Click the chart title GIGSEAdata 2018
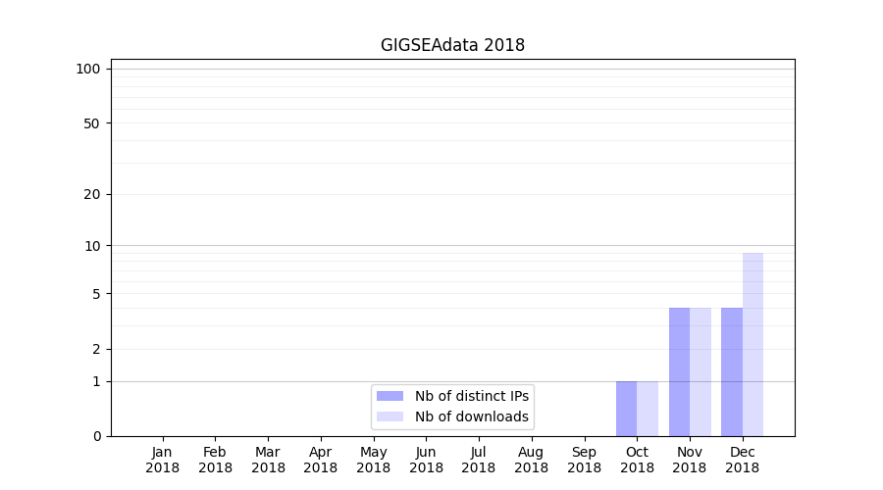click(452, 45)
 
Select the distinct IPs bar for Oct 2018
click(627, 409)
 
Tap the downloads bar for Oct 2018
click(648, 409)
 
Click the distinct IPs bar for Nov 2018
click(679, 372)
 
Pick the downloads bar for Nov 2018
click(701, 372)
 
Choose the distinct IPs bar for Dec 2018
click(732, 372)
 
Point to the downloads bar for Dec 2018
click(753, 345)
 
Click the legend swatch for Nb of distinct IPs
click(390, 396)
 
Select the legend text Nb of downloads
click(471, 416)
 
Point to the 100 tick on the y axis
click(88, 69)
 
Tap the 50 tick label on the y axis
click(92, 123)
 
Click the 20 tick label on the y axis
click(92, 194)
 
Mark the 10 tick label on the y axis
click(92, 245)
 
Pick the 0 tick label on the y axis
click(96, 436)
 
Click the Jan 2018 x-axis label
click(163, 460)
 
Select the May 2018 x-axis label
click(374, 460)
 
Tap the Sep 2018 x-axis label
click(584, 460)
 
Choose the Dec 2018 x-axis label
click(742, 460)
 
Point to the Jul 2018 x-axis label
click(479, 460)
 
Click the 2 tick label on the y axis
click(96, 349)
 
